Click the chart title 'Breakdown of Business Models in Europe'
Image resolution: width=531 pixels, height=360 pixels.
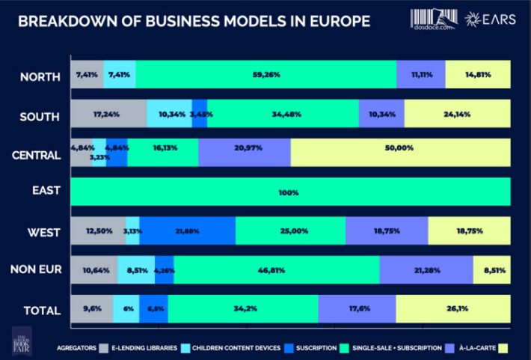click(x=193, y=20)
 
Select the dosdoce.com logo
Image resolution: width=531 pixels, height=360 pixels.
click(x=434, y=19)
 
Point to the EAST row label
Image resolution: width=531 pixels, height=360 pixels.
click(x=46, y=192)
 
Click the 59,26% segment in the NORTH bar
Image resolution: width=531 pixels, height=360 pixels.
click(x=266, y=76)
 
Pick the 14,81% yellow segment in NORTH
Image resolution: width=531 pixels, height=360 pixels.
click(x=478, y=76)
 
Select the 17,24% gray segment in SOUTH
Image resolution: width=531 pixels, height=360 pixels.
click(x=108, y=115)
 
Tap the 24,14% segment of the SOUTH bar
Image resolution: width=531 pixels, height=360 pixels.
click(x=457, y=115)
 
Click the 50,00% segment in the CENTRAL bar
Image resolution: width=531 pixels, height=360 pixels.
click(x=400, y=153)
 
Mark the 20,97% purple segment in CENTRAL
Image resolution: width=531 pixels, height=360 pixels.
click(x=245, y=153)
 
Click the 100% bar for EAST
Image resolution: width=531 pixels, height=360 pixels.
click(x=290, y=192)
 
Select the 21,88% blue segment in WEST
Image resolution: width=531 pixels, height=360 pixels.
click(x=188, y=231)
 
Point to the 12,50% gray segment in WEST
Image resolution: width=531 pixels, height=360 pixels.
click(x=97, y=231)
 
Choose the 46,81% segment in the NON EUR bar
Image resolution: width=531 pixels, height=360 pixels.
click(x=277, y=269)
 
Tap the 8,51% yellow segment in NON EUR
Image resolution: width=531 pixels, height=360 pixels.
click(x=491, y=269)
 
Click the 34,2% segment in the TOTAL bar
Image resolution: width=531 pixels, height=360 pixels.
click(x=243, y=308)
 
